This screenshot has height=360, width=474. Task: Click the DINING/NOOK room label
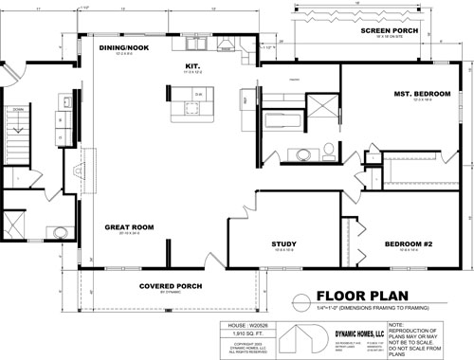tap(130, 47)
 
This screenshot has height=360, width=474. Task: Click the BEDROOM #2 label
tap(408, 243)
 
